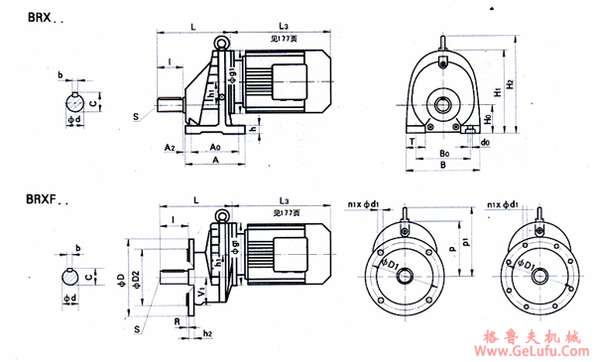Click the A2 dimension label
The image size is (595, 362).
(170, 146)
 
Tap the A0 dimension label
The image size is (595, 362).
(215, 145)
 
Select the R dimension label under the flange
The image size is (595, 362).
(177, 322)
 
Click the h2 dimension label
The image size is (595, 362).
(206, 333)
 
